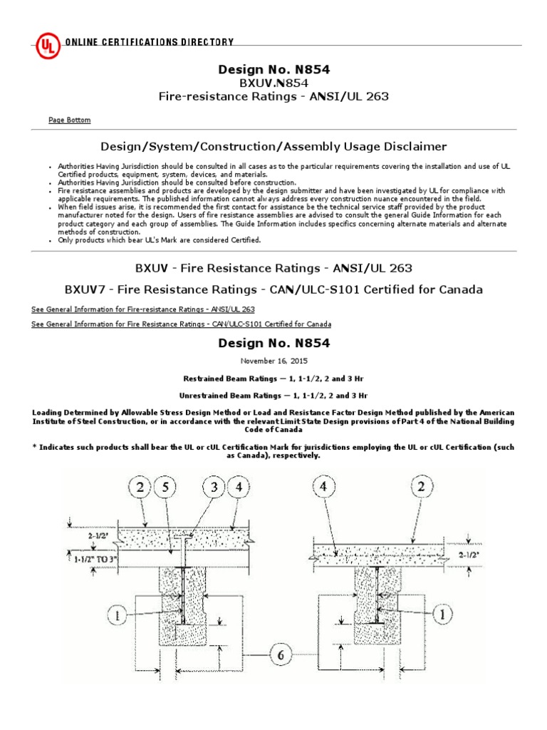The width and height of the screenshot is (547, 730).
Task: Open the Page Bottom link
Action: pyautogui.click(x=69, y=120)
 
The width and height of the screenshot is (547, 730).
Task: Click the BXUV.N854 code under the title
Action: pyautogui.click(x=273, y=83)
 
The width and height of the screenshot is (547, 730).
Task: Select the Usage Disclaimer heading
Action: pyautogui.click(x=273, y=147)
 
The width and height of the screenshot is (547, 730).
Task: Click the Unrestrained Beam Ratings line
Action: pyautogui.click(x=273, y=394)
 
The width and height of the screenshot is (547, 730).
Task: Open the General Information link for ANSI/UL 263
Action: pyautogui.click(x=143, y=309)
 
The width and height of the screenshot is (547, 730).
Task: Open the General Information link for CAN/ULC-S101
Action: pyautogui.click(x=181, y=324)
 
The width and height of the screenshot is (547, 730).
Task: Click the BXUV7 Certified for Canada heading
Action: pyautogui.click(x=273, y=289)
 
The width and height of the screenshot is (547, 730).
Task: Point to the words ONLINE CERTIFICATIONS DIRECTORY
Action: pyautogui.click(x=149, y=43)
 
